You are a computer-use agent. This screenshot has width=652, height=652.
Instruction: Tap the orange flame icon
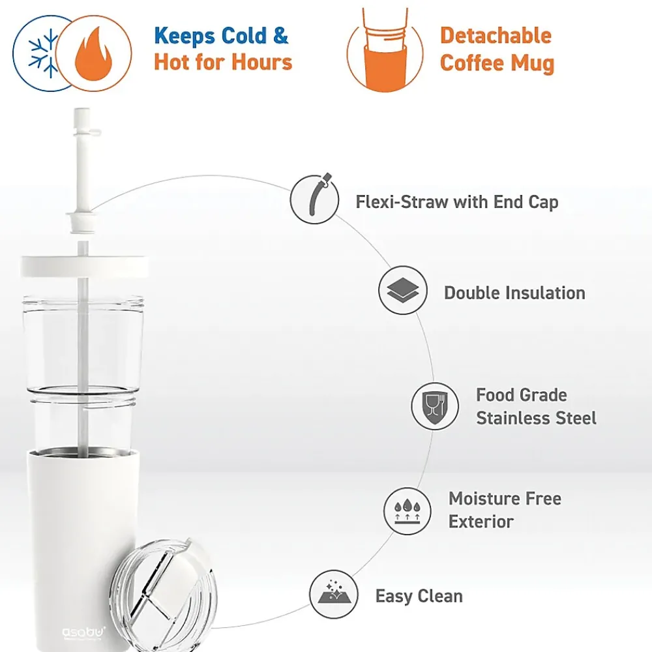click(x=93, y=53)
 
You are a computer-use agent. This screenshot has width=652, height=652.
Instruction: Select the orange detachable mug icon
click(x=385, y=50)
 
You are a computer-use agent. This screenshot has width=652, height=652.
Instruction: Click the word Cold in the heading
click(x=243, y=36)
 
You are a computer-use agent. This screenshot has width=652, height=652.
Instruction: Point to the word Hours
click(x=262, y=62)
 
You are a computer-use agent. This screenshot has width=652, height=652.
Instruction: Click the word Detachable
click(x=496, y=35)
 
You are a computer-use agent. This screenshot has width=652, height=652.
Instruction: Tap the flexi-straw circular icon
click(x=314, y=199)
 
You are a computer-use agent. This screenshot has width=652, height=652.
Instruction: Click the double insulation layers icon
click(x=402, y=290)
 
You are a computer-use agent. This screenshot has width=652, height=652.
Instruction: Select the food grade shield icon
click(x=435, y=406)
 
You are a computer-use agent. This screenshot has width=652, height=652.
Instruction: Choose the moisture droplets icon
click(x=407, y=511)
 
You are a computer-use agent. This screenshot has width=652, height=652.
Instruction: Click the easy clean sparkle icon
click(x=334, y=594)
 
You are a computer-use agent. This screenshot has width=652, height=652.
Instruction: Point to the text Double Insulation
click(x=514, y=293)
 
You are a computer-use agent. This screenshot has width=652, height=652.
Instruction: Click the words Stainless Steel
click(x=536, y=418)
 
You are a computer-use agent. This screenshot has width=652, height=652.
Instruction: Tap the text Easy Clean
click(x=419, y=596)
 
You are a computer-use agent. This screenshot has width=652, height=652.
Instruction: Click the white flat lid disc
click(x=84, y=266)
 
